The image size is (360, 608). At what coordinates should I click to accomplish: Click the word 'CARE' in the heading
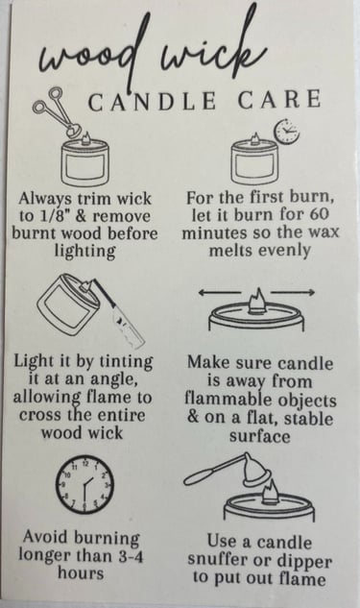click(279, 99)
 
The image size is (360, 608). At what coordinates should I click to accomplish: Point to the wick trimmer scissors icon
click(56, 112)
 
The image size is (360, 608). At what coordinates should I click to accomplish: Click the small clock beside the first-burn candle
click(287, 132)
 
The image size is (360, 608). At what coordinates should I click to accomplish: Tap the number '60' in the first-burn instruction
click(320, 214)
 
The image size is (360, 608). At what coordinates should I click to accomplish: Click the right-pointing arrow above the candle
click(293, 292)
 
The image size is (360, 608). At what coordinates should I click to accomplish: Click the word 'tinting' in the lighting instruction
click(127, 362)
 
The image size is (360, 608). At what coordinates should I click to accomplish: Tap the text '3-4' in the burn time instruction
click(131, 557)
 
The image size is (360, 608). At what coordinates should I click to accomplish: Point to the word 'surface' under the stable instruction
click(259, 437)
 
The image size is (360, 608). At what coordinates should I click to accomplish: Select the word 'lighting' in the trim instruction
click(84, 252)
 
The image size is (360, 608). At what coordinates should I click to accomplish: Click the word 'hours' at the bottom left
click(81, 573)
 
